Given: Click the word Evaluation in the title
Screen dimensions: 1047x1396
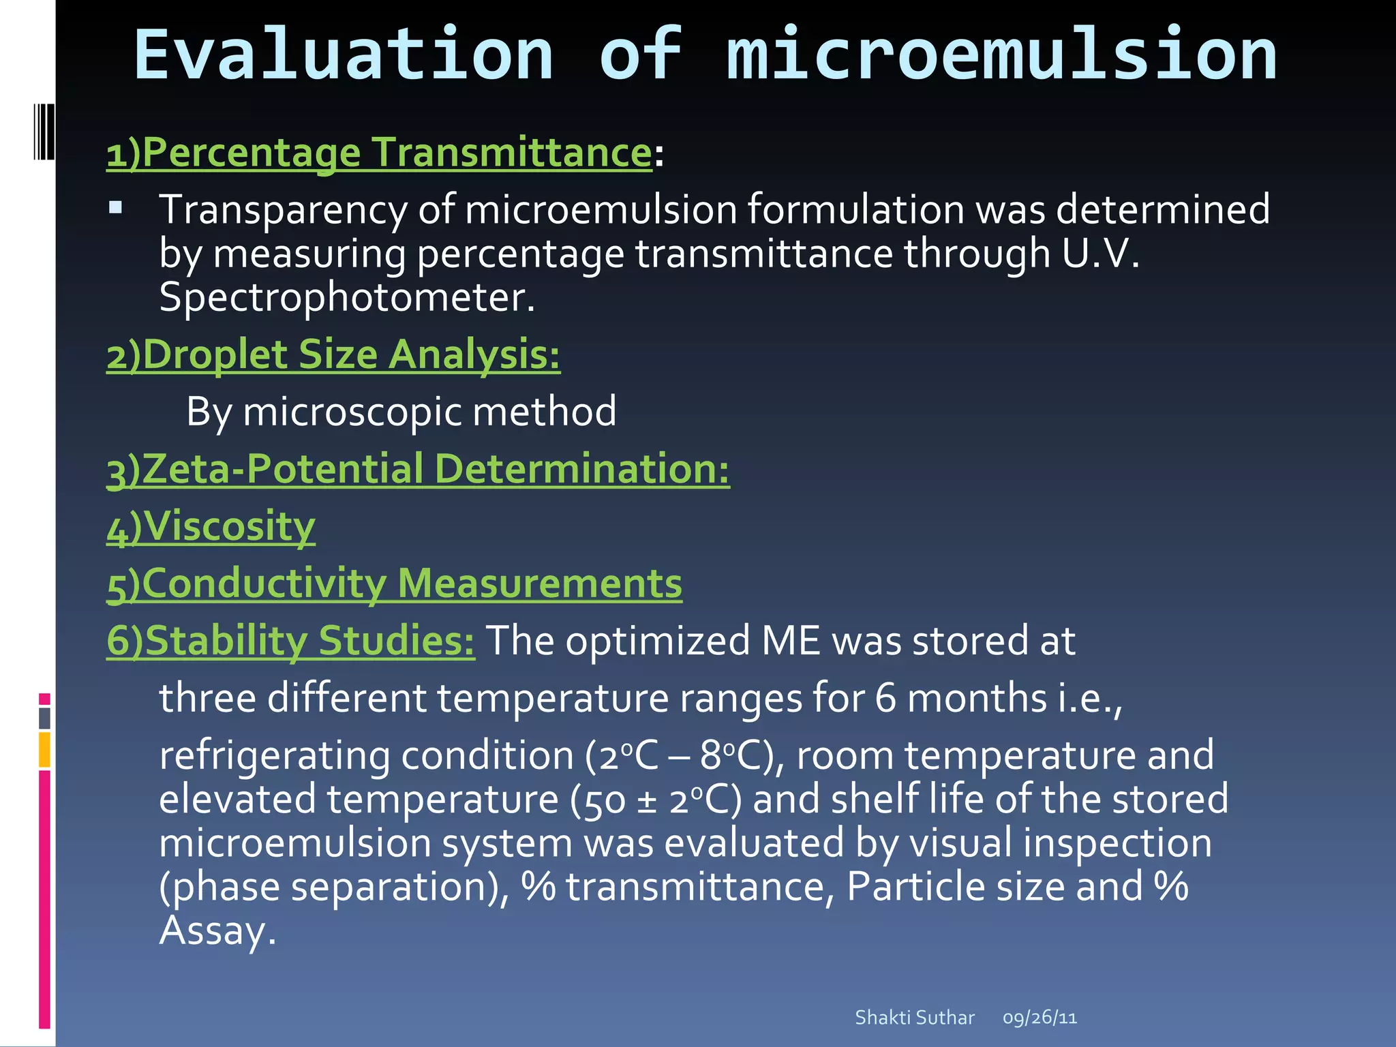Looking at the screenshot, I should pos(344,55).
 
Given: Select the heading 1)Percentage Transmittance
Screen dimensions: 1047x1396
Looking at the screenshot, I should pos(380,153).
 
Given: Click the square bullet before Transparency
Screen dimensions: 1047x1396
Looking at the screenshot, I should pos(115,207).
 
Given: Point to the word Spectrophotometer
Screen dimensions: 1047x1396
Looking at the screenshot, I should pos(346,298).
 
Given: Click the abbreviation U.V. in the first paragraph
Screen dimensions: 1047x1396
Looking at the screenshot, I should pos(1100,254).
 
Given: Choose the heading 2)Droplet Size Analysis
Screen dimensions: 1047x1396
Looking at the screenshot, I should pos(333,355).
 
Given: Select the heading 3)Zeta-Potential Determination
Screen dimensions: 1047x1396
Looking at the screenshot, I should pos(418,470).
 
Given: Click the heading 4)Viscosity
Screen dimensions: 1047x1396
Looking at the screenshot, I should pos(211,527).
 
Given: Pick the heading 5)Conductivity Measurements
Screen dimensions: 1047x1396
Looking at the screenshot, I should pos(394,584).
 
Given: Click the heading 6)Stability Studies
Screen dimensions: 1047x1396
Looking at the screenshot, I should pos(291,641).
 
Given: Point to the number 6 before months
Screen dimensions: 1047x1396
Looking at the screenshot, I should pos(885,699).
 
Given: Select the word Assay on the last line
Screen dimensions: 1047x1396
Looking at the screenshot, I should pos(216,930).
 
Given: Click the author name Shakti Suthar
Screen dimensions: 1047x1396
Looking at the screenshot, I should pos(914,1018).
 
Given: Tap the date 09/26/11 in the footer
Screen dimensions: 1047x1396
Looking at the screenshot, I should pos(1040,1018).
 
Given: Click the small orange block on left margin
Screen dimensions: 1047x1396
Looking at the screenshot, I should pos(44,749).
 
